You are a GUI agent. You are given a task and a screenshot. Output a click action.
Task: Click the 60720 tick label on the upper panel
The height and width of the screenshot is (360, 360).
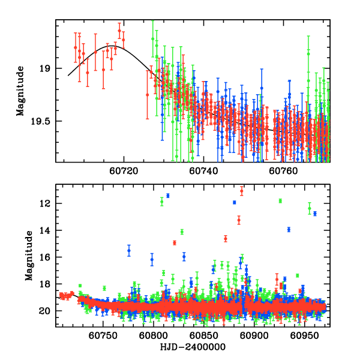[124, 171]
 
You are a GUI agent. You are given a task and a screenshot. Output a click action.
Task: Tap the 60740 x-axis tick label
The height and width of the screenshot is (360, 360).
[203, 171]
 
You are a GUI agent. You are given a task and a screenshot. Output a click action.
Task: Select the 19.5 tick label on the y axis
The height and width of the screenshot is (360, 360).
[40, 121]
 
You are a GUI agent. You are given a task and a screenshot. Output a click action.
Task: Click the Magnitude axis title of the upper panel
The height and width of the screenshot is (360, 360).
[20, 91]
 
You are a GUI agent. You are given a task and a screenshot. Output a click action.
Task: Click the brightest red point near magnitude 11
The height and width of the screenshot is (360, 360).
[242, 191]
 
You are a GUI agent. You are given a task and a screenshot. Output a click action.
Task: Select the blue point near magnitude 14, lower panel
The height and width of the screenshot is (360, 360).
[289, 229]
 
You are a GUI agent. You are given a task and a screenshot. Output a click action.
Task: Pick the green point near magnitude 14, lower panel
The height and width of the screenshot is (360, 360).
[182, 232]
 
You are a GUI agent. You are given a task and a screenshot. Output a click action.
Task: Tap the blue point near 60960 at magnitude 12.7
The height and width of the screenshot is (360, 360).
[314, 213]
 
